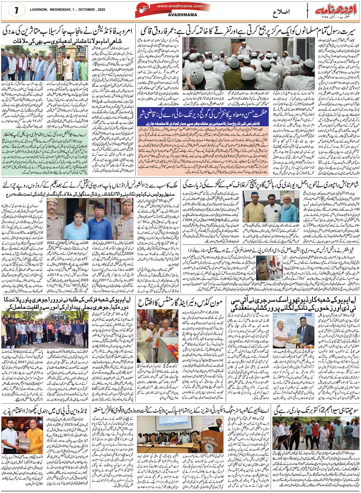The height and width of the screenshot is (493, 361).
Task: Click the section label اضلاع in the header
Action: click(x=281, y=12)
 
